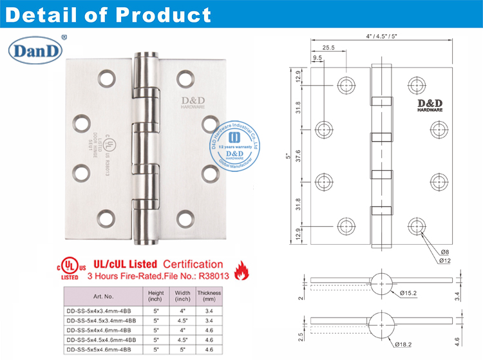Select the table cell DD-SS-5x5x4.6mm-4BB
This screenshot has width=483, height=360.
pyautogui.click(x=100, y=350)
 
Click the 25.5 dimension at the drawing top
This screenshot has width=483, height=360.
pyautogui.click(x=329, y=48)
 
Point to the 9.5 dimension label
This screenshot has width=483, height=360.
pyautogui.click(x=317, y=58)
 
